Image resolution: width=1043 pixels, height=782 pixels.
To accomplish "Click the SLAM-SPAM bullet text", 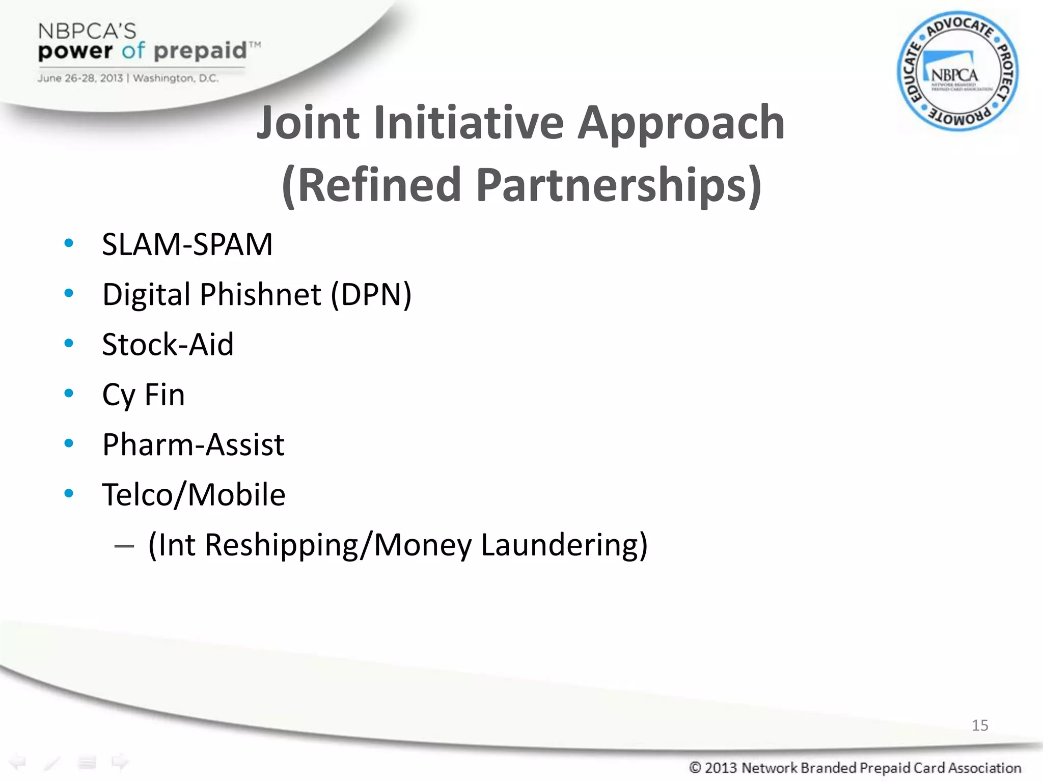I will pos(187,244).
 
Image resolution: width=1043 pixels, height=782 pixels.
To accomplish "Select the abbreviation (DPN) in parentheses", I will pos(371,294).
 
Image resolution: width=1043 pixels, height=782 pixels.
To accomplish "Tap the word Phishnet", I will pos(260,294).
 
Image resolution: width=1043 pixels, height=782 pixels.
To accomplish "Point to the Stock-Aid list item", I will pos(168,344).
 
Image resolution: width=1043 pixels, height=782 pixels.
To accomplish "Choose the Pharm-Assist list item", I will pos(193,444).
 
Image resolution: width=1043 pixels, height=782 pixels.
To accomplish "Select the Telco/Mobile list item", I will pos(194,495).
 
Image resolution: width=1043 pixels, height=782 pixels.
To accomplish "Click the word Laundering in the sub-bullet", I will pos(564,545).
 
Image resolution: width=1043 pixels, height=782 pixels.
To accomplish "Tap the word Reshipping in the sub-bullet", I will pos(282,545).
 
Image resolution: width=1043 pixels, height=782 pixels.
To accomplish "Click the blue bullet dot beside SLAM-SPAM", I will pos(69,243).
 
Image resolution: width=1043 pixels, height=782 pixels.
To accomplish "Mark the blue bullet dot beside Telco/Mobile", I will pos(69,493).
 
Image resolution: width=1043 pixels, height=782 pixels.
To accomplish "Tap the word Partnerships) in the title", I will pos(619,184).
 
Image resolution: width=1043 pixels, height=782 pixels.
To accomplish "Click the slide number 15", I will pos(979,725).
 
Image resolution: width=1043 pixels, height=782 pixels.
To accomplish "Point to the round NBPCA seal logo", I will pos(957,71).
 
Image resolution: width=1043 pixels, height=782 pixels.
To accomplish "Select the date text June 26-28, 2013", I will pos(80,78).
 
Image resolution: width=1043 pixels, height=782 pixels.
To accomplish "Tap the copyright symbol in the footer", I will pos(695,767).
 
